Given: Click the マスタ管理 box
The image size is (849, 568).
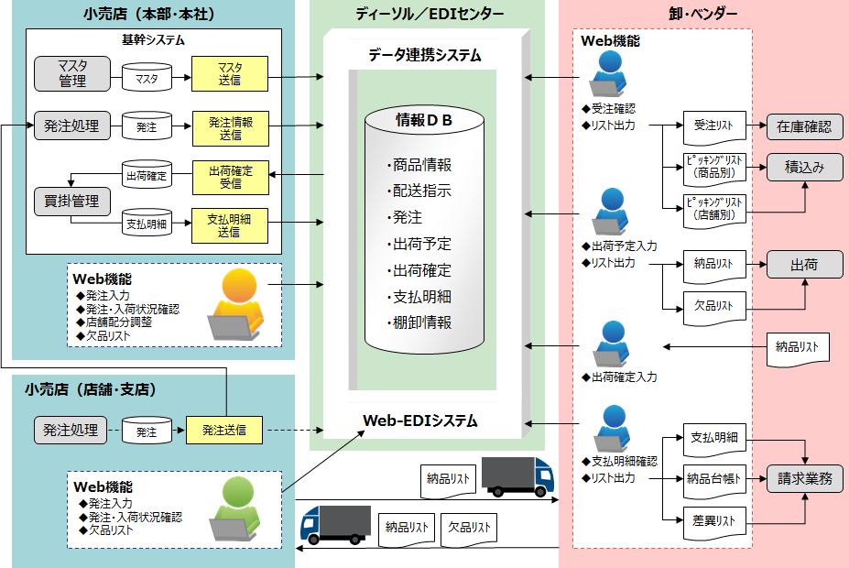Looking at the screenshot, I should pos(72,73).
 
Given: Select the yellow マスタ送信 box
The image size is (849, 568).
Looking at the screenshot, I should pos(230,73).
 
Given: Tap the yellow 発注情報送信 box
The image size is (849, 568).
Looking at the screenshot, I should pos(230,127).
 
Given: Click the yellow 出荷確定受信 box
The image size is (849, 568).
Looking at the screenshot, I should pos(230,176).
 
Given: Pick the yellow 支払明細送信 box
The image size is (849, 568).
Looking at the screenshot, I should pos(230,225).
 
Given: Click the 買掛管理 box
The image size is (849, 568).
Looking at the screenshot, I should pos(72,201).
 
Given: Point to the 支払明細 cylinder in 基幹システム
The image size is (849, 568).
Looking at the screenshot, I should pos(147,223).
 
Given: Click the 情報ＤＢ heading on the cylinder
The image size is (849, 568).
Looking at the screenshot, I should pos(424,119).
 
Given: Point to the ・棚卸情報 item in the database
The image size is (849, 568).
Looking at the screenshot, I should pos(419,322).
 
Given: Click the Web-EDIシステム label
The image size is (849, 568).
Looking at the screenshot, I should pos(420,421).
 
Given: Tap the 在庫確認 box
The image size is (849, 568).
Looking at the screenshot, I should pos(804,126).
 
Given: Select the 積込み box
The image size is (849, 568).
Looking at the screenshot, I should pos(804,168).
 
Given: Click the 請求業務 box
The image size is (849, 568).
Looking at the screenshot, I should pos(804,477).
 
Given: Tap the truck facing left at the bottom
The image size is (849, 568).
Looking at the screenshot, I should pos(334,524).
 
